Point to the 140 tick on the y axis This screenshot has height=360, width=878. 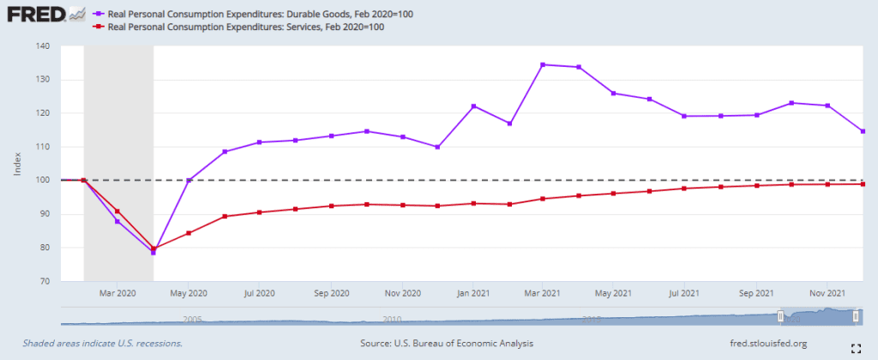tap(43, 46)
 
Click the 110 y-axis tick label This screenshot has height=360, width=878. tap(43, 147)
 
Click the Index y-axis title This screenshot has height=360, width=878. tap(17, 164)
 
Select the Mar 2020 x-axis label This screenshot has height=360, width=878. tap(117, 292)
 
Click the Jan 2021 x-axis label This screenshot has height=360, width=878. tap(472, 292)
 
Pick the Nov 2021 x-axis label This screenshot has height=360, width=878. tap(827, 292)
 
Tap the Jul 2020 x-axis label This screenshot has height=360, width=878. tap(260, 292)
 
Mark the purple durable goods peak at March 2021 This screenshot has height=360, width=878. tap(544, 64)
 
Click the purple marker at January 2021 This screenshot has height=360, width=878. tap(473, 105)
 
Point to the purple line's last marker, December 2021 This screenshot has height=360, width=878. tap(863, 131)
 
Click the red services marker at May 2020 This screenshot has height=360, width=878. tap(189, 233)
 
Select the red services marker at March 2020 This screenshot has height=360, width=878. tap(117, 211)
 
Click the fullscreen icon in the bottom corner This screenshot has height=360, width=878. tap(854, 348)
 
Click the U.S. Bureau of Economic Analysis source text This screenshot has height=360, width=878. tap(447, 344)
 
